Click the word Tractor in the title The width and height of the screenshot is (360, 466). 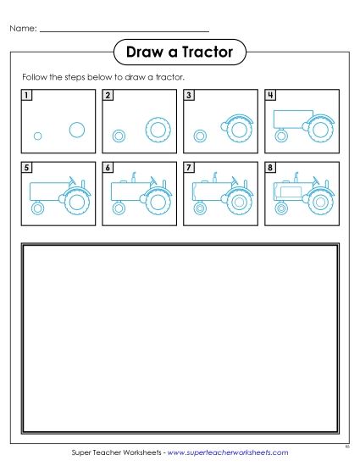208,53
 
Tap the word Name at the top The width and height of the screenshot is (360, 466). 23,29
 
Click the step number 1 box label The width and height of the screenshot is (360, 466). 28,96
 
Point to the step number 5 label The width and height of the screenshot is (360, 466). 28,168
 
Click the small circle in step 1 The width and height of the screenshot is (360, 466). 37,136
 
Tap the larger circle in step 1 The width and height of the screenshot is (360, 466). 76,129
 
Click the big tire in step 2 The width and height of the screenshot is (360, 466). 158,129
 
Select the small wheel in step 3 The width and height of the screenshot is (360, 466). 200,136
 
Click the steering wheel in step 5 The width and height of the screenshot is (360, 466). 74,179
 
